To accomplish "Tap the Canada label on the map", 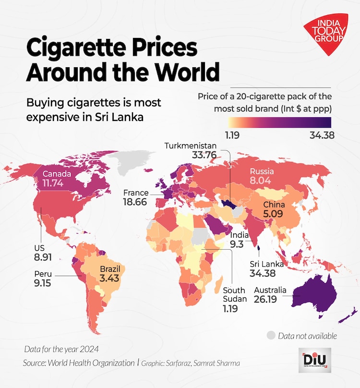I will tap(57, 174).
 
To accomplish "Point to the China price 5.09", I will tap(274, 214).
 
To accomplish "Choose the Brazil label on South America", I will tap(109, 268).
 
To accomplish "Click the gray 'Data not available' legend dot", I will tap(271, 335).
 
